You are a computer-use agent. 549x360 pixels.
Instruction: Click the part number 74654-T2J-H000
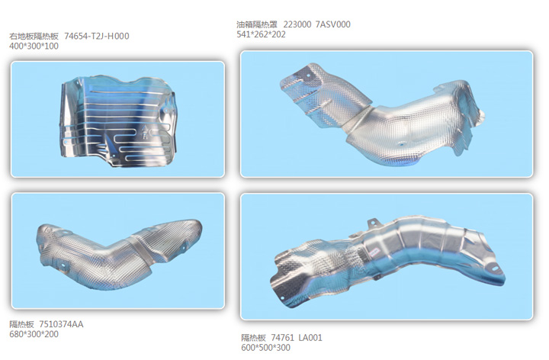[97, 36]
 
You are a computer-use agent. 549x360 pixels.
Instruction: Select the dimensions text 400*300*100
[34, 47]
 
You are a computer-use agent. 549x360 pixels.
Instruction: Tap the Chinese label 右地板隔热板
[34, 37]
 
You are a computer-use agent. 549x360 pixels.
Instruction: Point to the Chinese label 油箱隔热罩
[257, 24]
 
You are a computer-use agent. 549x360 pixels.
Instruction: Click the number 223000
[297, 24]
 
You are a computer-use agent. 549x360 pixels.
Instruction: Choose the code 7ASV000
[333, 24]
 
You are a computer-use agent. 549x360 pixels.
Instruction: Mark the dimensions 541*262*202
[262, 34]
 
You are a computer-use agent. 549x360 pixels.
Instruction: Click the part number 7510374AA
[61, 324]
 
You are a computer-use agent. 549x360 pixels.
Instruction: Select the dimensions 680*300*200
[34, 334]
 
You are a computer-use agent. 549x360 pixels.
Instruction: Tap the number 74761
[283, 338]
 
